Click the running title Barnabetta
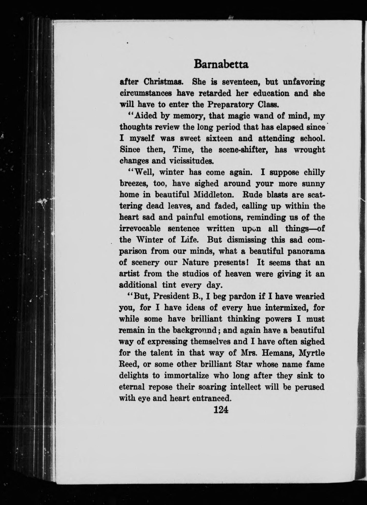(x=221, y=64)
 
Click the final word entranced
(x=210, y=398)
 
